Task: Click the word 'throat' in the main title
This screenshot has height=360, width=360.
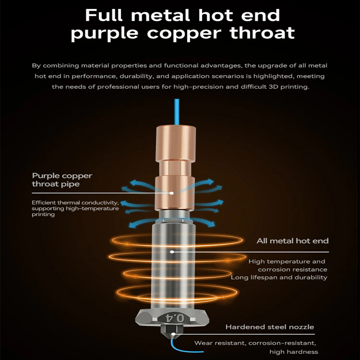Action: click(262, 33)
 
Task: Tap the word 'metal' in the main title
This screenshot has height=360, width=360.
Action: click(161, 15)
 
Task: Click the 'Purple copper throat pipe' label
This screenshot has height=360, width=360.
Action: click(62, 180)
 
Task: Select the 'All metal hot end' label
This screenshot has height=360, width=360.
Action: click(292, 241)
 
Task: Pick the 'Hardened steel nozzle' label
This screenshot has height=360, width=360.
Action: click(270, 327)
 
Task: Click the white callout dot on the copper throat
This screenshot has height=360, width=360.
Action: click(171, 193)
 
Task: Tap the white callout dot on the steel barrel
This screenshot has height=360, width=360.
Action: click(172, 252)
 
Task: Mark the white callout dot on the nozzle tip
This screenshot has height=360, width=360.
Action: click(174, 334)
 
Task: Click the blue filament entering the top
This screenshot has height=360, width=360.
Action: click(177, 112)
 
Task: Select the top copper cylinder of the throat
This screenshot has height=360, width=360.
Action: click(176, 143)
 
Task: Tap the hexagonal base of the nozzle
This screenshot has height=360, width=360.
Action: click(172, 318)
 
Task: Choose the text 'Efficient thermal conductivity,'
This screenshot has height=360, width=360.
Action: click(75, 203)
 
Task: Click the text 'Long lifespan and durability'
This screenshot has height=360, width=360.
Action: click(279, 277)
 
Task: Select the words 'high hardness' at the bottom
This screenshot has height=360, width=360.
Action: click(294, 352)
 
